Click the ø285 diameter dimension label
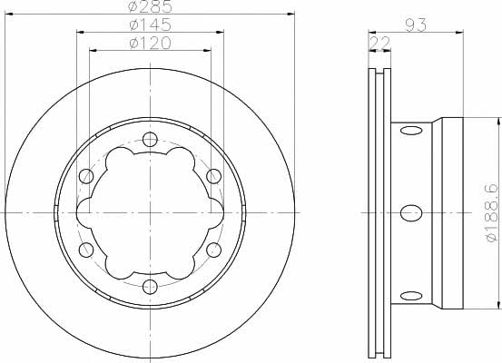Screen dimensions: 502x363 150,6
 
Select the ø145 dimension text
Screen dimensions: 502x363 150,25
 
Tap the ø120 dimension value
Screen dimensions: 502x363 150,43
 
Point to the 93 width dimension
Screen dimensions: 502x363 416,25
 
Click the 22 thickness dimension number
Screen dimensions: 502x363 379,43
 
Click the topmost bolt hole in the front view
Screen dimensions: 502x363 150,139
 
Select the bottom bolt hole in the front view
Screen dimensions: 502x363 150,287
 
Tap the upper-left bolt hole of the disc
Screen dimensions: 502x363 86,176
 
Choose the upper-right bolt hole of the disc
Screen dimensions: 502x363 214,176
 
